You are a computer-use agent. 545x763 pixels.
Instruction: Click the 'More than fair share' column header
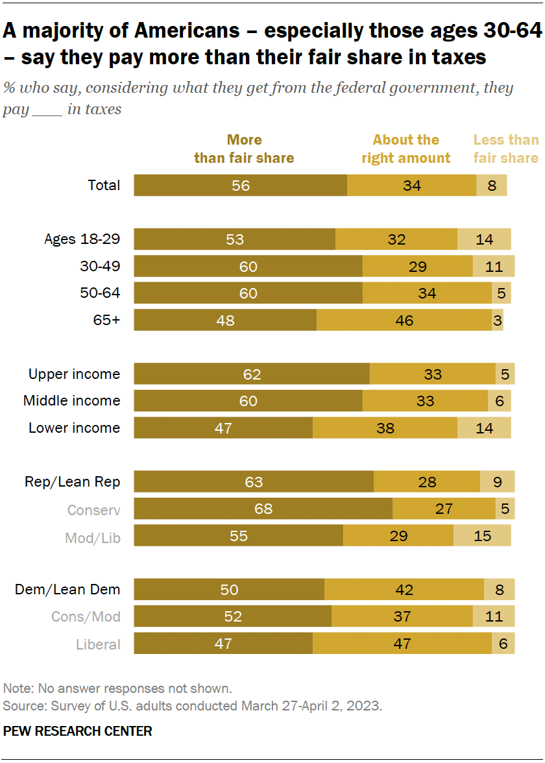(x=244, y=149)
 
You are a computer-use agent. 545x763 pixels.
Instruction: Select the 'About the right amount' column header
(x=406, y=149)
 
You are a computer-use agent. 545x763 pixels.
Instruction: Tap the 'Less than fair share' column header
(x=505, y=149)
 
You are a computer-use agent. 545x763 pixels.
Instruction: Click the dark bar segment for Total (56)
(x=240, y=186)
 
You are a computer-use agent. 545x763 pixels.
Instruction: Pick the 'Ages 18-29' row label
(x=82, y=239)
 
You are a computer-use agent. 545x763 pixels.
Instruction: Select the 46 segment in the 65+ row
(x=404, y=321)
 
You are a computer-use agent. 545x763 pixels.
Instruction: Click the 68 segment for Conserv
(x=263, y=509)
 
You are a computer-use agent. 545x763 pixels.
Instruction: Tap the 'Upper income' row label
(x=74, y=374)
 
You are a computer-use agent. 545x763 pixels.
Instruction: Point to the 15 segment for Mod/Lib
(x=482, y=536)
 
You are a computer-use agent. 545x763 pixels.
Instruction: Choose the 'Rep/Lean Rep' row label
(x=72, y=481)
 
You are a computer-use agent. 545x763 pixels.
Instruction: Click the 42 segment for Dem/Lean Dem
(x=404, y=590)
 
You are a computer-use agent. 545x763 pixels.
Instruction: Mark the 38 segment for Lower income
(x=385, y=428)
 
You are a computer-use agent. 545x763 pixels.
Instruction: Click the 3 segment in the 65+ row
(x=497, y=321)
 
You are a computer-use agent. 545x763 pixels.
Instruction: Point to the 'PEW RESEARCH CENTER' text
(x=78, y=731)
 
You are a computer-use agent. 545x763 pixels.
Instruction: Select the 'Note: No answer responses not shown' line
(x=117, y=688)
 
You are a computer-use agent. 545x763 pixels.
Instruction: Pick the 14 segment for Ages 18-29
(x=484, y=239)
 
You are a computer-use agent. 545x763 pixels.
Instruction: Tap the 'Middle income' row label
(x=71, y=401)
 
